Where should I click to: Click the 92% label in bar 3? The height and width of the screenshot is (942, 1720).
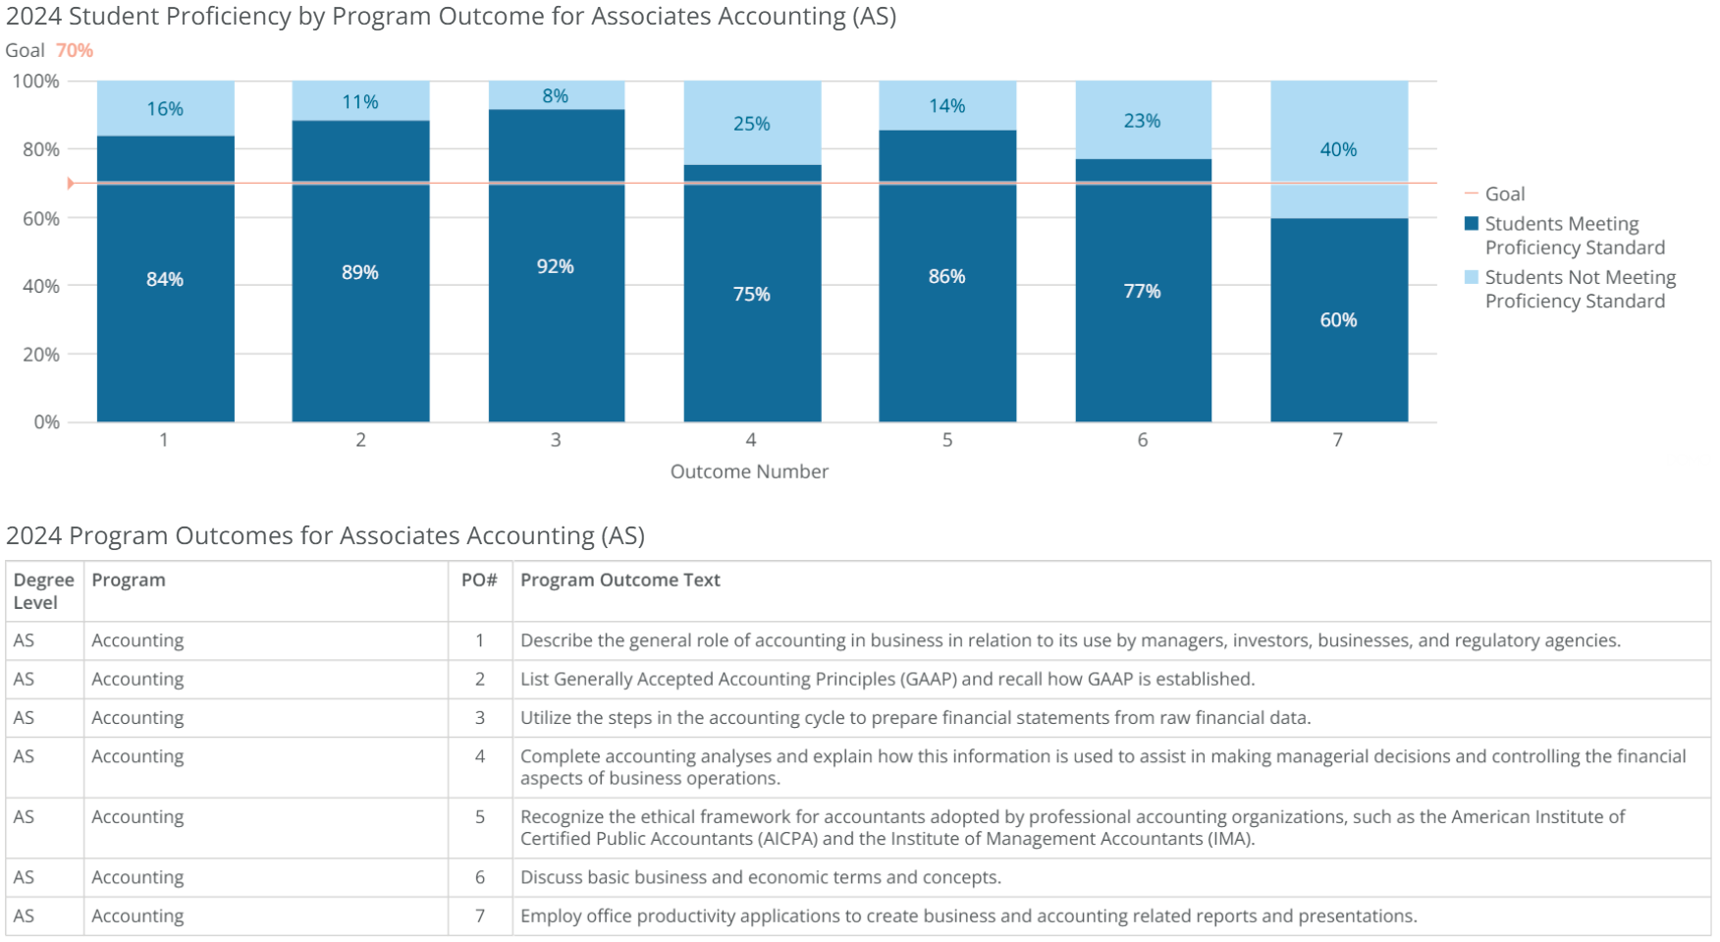556,266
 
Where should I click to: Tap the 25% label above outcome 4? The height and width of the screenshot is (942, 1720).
751,124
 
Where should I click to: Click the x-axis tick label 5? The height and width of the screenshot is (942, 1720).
947,440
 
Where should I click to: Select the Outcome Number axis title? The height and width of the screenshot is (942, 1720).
749,471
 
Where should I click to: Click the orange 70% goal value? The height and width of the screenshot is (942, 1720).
75,50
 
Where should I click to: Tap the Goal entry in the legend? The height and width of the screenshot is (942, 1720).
1504,194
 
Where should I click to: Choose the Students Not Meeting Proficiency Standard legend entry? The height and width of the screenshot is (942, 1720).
1579,289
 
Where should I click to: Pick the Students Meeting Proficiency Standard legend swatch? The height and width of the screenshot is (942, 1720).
1471,224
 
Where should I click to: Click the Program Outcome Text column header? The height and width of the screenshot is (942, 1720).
620,581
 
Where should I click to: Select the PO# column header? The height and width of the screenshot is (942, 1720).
479,581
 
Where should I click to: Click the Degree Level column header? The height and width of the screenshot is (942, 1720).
43,591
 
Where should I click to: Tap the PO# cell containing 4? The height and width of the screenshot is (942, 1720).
479,756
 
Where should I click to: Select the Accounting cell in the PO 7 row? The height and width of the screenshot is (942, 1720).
137,915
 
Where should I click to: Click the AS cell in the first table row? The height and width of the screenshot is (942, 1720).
25,640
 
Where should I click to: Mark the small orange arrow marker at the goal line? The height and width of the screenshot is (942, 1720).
71,183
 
